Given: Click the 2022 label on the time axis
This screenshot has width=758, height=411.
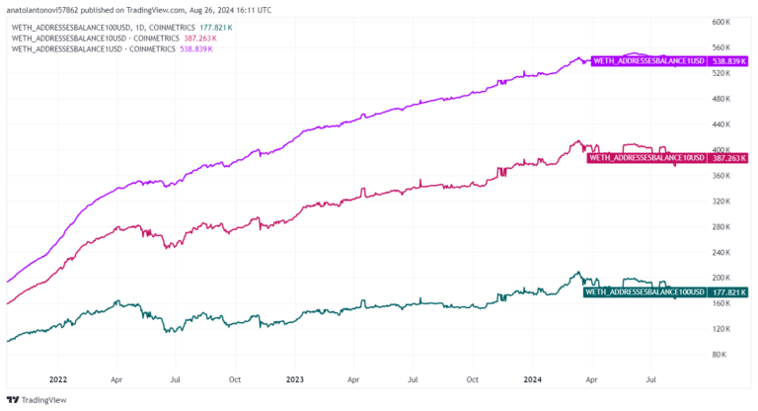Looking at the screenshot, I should point(58,378).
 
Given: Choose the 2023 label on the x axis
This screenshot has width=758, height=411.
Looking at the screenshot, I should point(295,378).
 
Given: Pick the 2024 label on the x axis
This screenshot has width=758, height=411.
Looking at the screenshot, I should point(533,378).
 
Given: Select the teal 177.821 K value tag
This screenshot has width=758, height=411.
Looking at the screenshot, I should point(728,291).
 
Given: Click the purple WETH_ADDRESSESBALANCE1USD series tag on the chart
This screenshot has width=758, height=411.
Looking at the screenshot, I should point(647,60).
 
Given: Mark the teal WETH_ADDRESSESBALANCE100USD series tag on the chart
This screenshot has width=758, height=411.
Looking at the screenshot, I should point(644,291).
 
